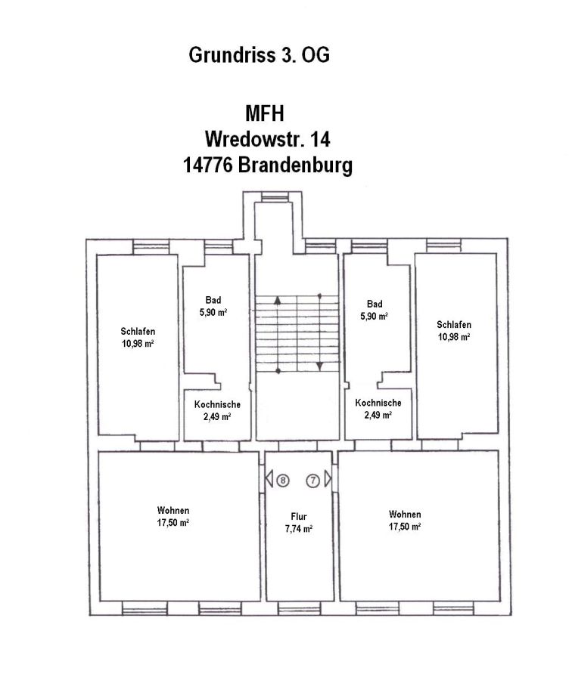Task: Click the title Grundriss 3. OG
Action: click(x=259, y=56)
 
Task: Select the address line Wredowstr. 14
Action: click(x=267, y=140)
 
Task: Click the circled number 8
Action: click(x=282, y=480)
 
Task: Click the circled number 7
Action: click(x=312, y=480)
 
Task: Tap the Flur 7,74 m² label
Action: click(x=298, y=524)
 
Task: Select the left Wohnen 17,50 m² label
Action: click(x=173, y=516)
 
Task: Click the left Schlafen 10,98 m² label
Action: click(x=138, y=337)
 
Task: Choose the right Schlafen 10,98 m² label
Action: click(x=454, y=331)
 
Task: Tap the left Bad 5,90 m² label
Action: click(x=213, y=305)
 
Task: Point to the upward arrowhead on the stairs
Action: click(x=278, y=299)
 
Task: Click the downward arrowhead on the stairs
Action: click(x=320, y=366)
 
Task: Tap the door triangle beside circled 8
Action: click(x=269, y=479)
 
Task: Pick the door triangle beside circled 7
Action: click(x=328, y=479)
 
